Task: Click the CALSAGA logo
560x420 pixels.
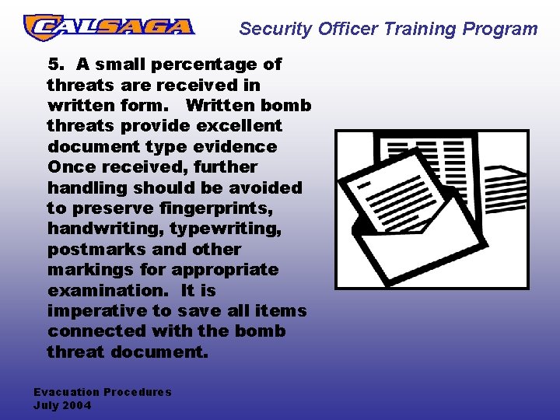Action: (x=109, y=27)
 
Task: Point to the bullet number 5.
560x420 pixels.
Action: (x=54, y=64)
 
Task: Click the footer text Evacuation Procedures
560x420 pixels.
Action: (x=102, y=392)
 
